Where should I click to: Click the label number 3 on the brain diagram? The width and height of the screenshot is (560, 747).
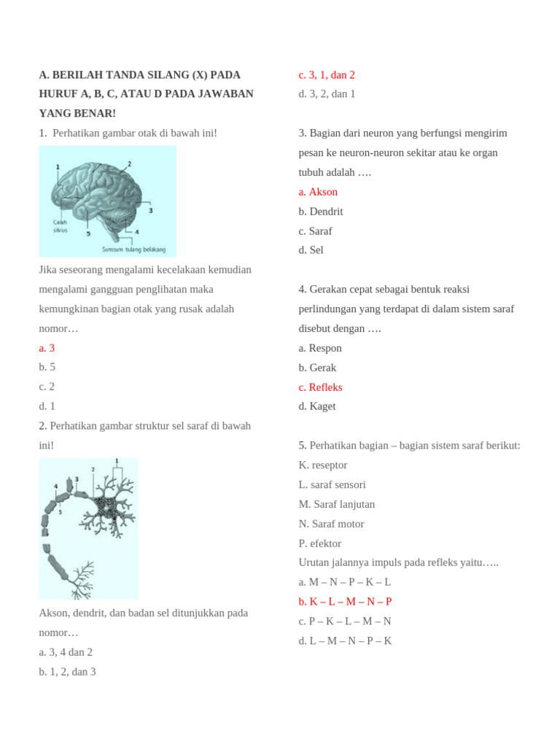coord(150,210)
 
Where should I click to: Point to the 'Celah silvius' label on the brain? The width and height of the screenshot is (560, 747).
coord(61,225)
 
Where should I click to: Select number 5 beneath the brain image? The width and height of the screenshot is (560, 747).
coord(88,234)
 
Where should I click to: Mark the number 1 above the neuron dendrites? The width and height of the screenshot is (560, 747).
coord(117,462)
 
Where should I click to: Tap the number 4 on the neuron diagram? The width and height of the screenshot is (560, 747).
coord(56,485)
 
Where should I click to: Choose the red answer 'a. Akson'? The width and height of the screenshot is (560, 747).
coord(318,192)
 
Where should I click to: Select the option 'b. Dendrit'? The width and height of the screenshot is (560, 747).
coord(320,212)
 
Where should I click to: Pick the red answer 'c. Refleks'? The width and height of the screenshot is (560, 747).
coord(320,387)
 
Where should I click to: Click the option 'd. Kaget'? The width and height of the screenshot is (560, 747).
coord(317,406)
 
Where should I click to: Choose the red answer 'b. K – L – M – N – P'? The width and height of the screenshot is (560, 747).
coord(345,602)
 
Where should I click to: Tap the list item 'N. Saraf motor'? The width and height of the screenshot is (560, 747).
coord(331,524)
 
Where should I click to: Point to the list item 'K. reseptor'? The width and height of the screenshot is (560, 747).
coord(323,465)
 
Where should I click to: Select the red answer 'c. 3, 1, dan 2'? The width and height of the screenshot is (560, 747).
coord(327,75)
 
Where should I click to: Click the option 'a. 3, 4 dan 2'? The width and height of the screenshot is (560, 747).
coord(66,652)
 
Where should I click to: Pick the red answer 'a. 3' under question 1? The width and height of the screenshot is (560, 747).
coord(47,348)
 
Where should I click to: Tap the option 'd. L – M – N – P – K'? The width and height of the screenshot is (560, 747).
coord(345,641)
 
